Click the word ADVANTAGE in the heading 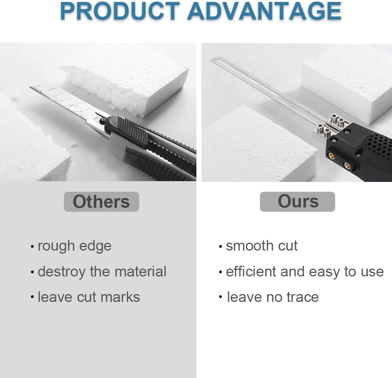click(x=264, y=12)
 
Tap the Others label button click(x=101, y=202)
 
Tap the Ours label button click(x=298, y=202)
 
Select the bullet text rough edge click(x=74, y=246)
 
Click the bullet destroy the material click(x=102, y=272)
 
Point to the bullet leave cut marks click(x=89, y=297)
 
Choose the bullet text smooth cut click(x=261, y=246)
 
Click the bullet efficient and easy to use click(x=305, y=272)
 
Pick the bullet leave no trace click(x=273, y=297)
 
